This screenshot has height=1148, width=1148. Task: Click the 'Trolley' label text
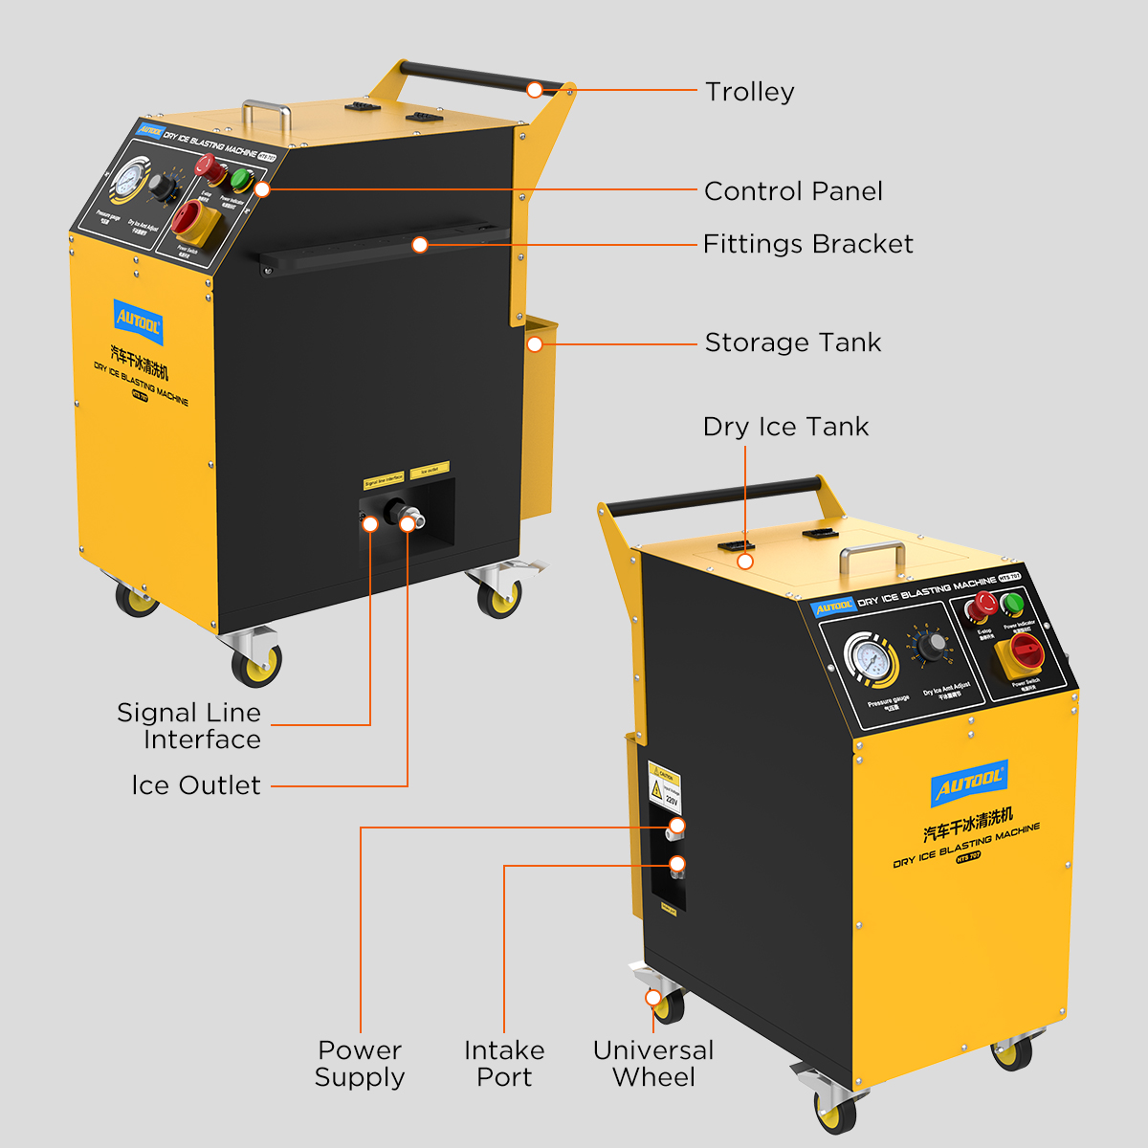(749, 92)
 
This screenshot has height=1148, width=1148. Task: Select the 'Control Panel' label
(793, 191)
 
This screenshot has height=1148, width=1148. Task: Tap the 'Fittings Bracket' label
(807, 244)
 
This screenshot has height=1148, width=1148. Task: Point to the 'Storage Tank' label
(792, 342)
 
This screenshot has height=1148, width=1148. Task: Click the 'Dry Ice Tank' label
(785, 427)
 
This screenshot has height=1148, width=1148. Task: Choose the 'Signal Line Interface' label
(189, 726)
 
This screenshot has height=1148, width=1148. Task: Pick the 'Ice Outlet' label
(196, 785)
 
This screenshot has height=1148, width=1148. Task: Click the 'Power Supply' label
(360, 1064)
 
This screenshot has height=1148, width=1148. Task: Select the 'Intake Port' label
(504, 1064)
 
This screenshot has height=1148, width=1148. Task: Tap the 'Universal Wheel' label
(653, 1064)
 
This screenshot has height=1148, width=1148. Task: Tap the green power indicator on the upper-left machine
(240, 179)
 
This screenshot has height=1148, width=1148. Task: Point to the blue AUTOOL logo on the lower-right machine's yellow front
(969, 784)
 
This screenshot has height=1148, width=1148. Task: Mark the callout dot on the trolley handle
(535, 91)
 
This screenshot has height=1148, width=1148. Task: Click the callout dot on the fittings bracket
(419, 245)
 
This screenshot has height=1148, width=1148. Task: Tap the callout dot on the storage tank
(536, 342)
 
